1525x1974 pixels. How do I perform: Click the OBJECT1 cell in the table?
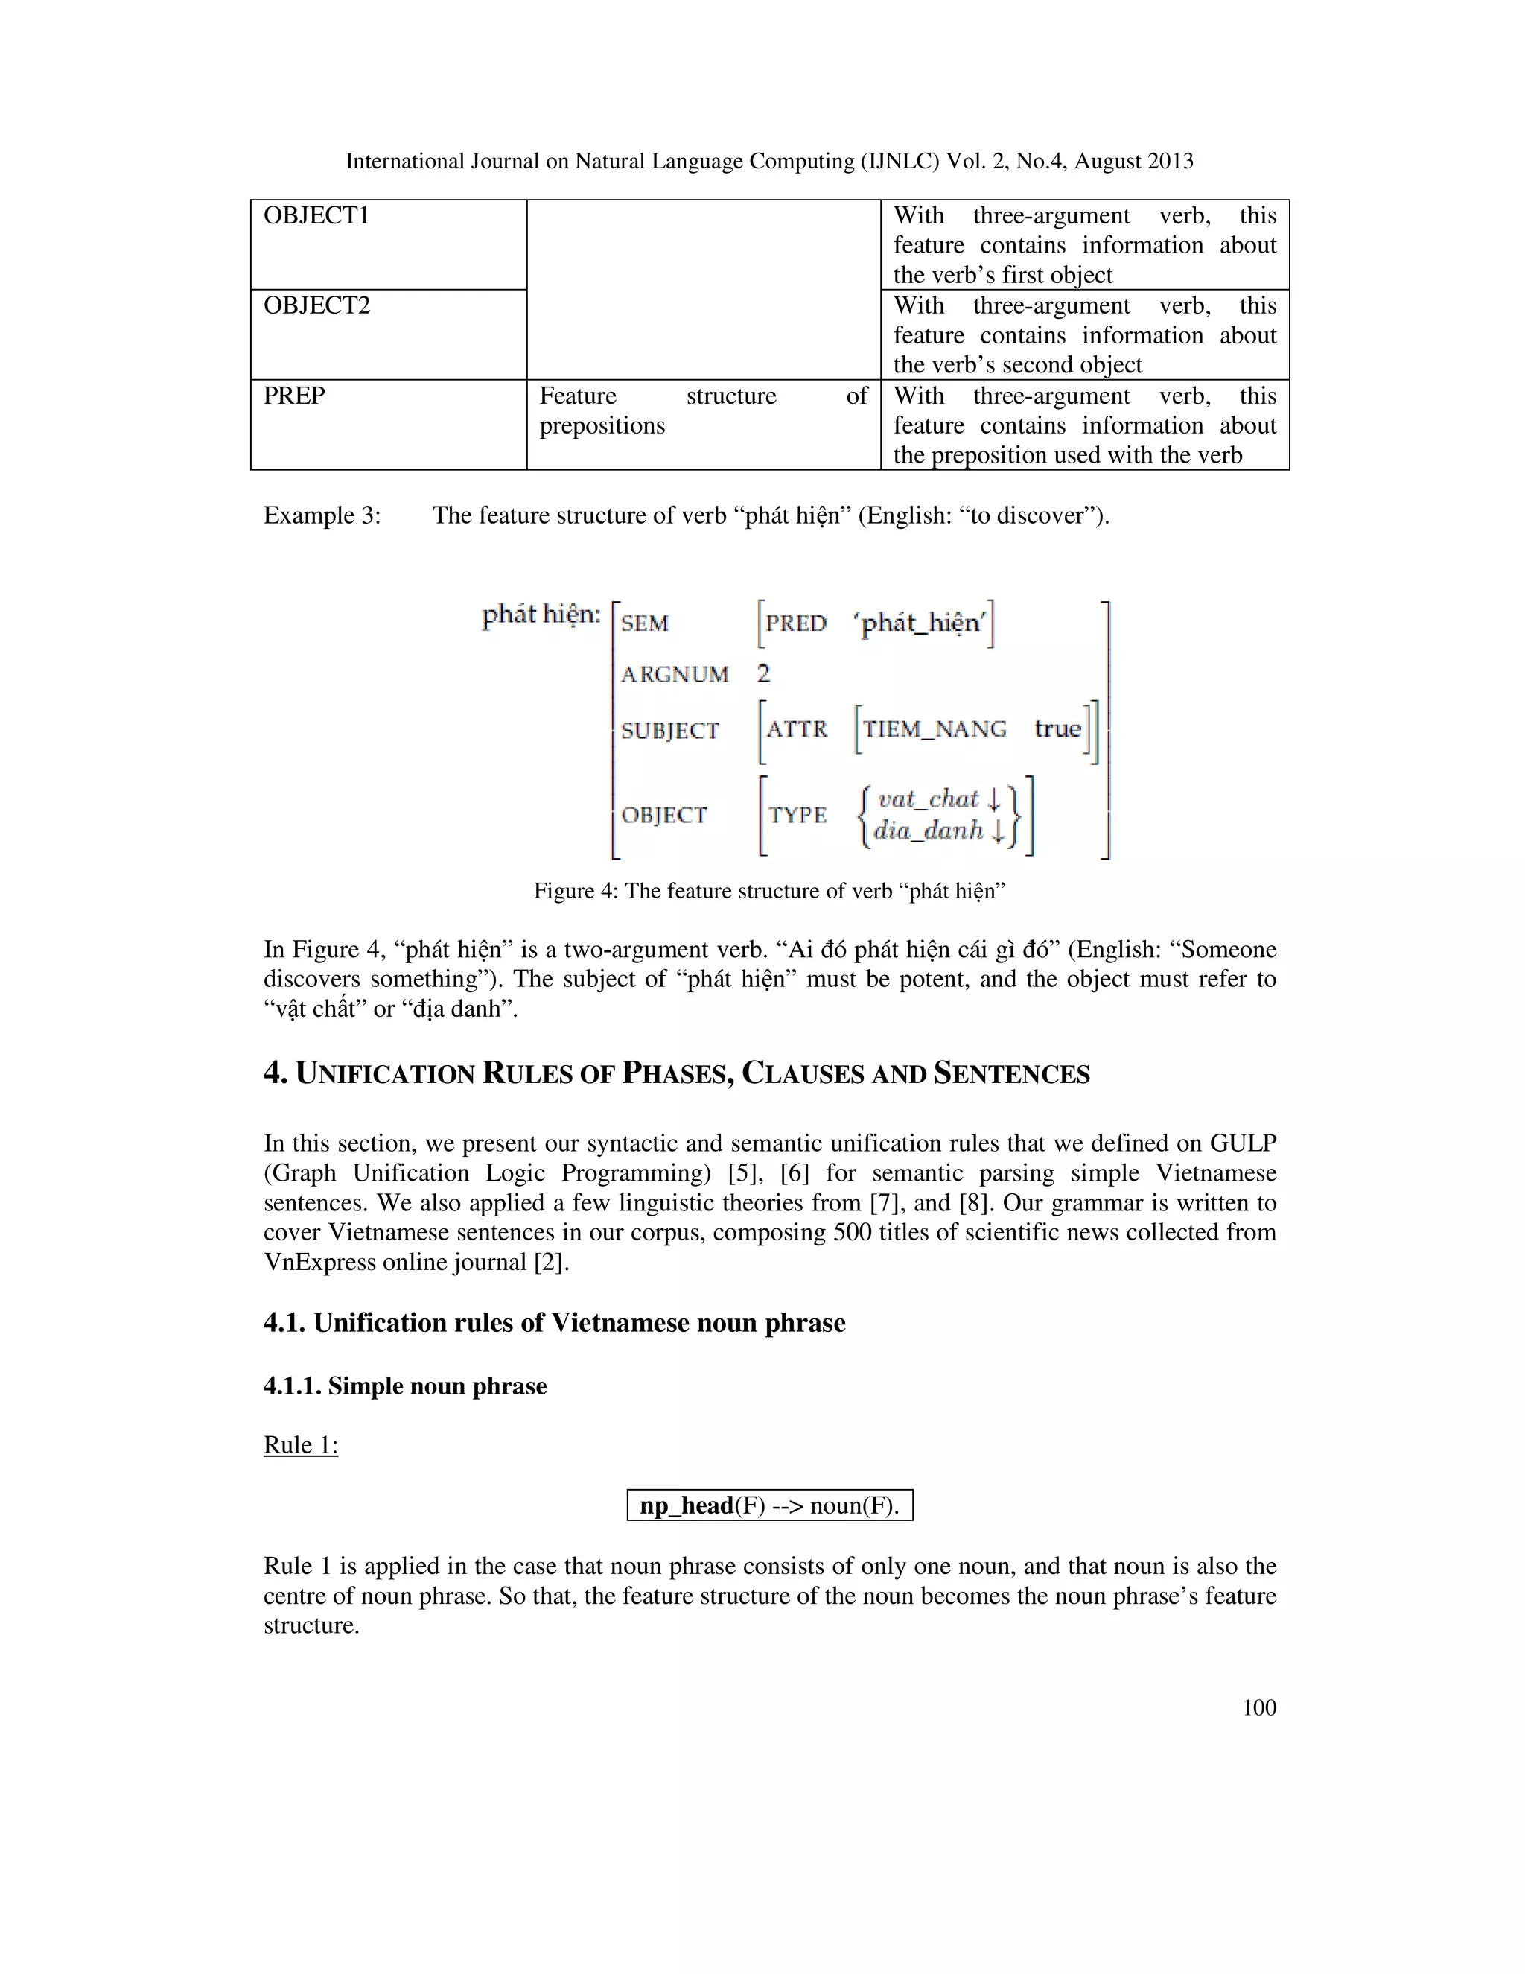(316, 216)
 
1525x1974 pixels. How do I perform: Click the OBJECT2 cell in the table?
(316, 305)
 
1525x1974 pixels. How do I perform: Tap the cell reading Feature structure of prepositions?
(702, 410)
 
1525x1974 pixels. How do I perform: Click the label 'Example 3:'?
(322, 515)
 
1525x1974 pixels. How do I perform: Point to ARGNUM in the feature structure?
(674, 674)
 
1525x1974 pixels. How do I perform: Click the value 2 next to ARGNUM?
(763, 673)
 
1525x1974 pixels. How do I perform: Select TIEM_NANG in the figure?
(935, 729)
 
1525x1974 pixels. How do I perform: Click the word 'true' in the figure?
(1057, 729)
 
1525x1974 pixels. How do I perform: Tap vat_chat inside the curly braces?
(928, 799)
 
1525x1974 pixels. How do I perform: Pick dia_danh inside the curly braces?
(928, 830)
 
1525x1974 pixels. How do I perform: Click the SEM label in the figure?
(644, 623)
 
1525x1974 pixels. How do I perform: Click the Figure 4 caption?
(768, 891)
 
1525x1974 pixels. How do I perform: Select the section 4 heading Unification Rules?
(676, 1073)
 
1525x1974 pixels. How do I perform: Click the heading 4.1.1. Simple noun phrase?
(405, 1386)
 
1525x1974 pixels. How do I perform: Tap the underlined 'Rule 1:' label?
(300, 1445)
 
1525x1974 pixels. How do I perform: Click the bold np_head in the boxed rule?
(687, 1505)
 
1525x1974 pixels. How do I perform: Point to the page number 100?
(1258, 1707)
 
